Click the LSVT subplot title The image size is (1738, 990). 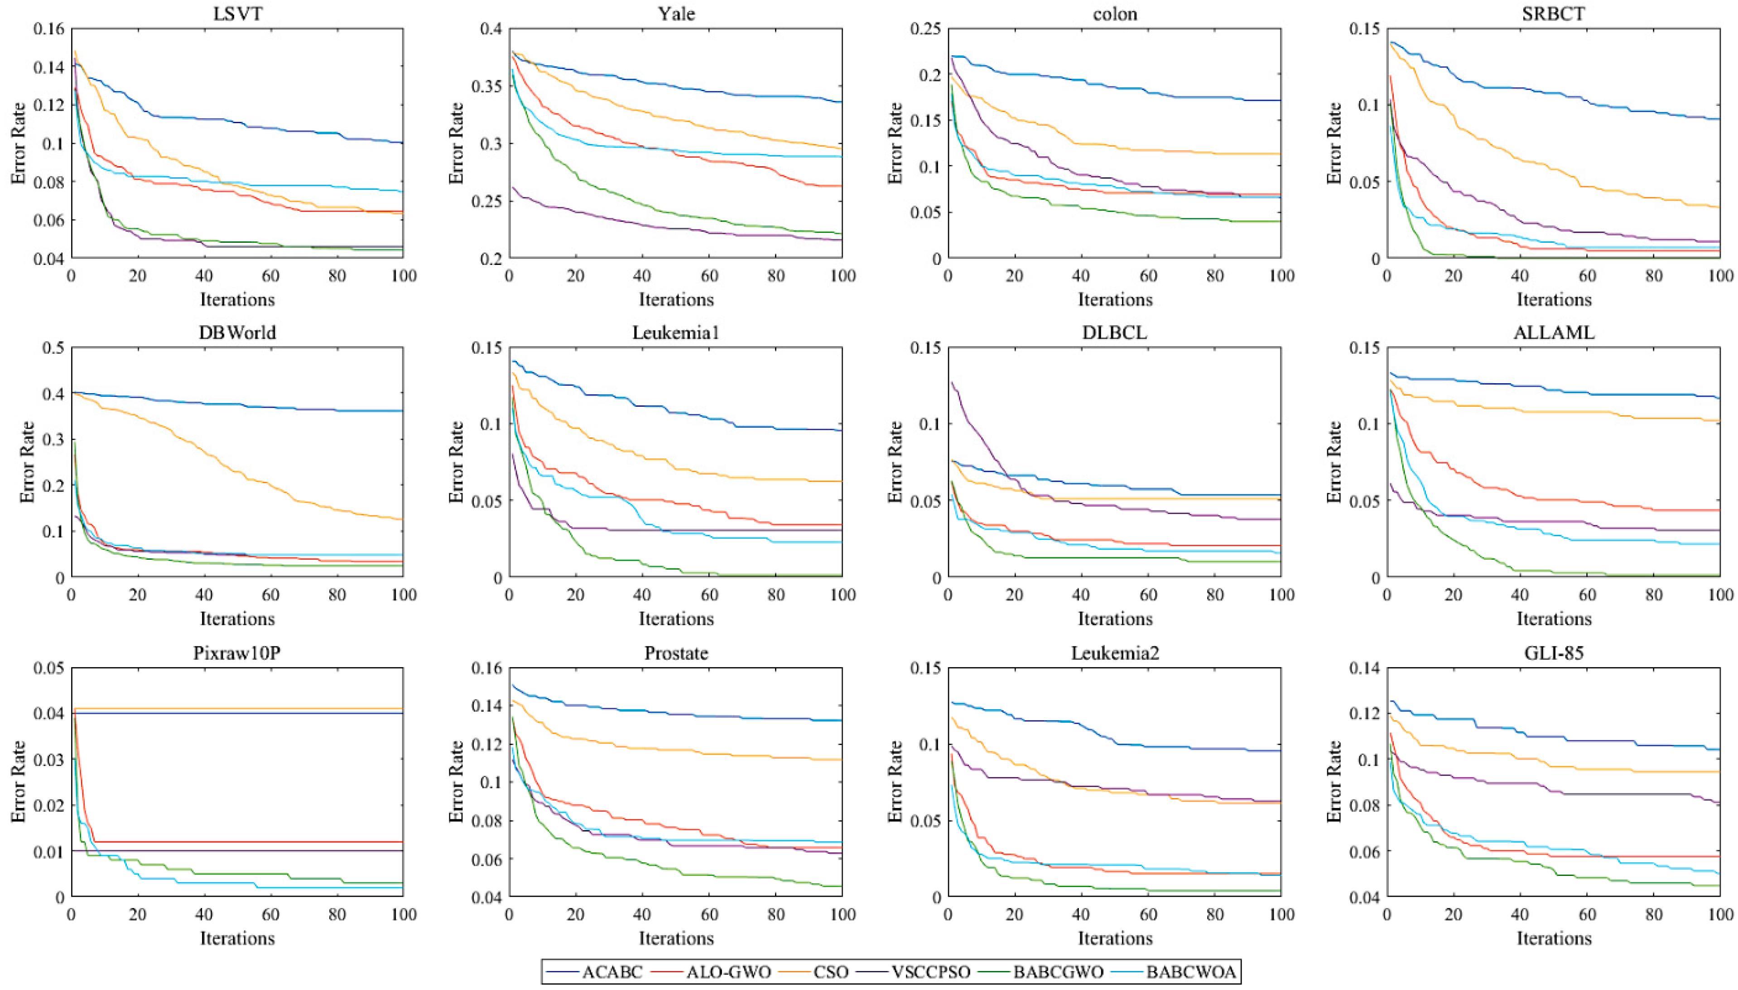[x=237, y=14]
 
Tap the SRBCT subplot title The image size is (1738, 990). [x=1554, y=14]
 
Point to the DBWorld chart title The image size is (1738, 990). [x=237, y=332]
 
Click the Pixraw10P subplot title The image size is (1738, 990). [x=237, y=653]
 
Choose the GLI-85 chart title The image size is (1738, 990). [x=1554, y=653]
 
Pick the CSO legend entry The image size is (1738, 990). [x=831, y=971]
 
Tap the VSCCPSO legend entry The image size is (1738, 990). [x=930, y=971]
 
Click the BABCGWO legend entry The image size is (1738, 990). [x=1058, y=971]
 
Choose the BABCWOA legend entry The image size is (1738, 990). [x=1191, y=971]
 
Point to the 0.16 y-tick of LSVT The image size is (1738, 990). [x=48, y=29]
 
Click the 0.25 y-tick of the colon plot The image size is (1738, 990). [x=925, y=29]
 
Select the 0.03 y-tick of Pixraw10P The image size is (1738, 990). [x=48, y=759]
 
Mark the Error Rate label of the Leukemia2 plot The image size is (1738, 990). [x=895, y=782]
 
